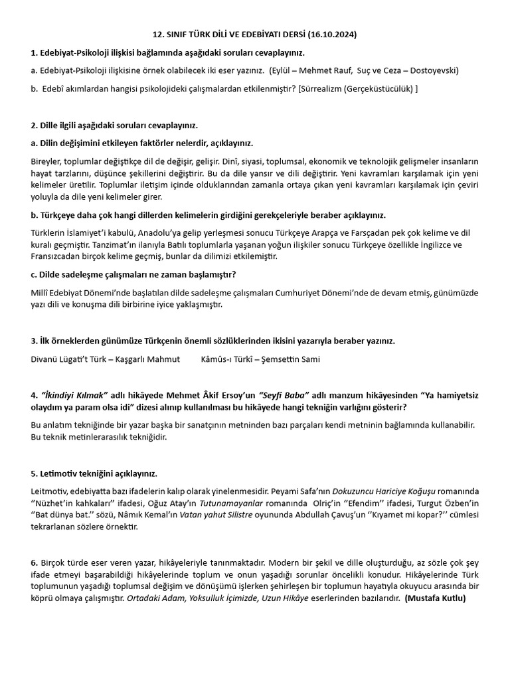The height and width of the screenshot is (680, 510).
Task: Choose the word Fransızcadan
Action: click(x=58, y=256)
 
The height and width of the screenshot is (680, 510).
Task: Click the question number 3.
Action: click(x=34, y=341)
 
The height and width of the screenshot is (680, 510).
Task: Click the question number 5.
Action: click(x=34, y=474)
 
